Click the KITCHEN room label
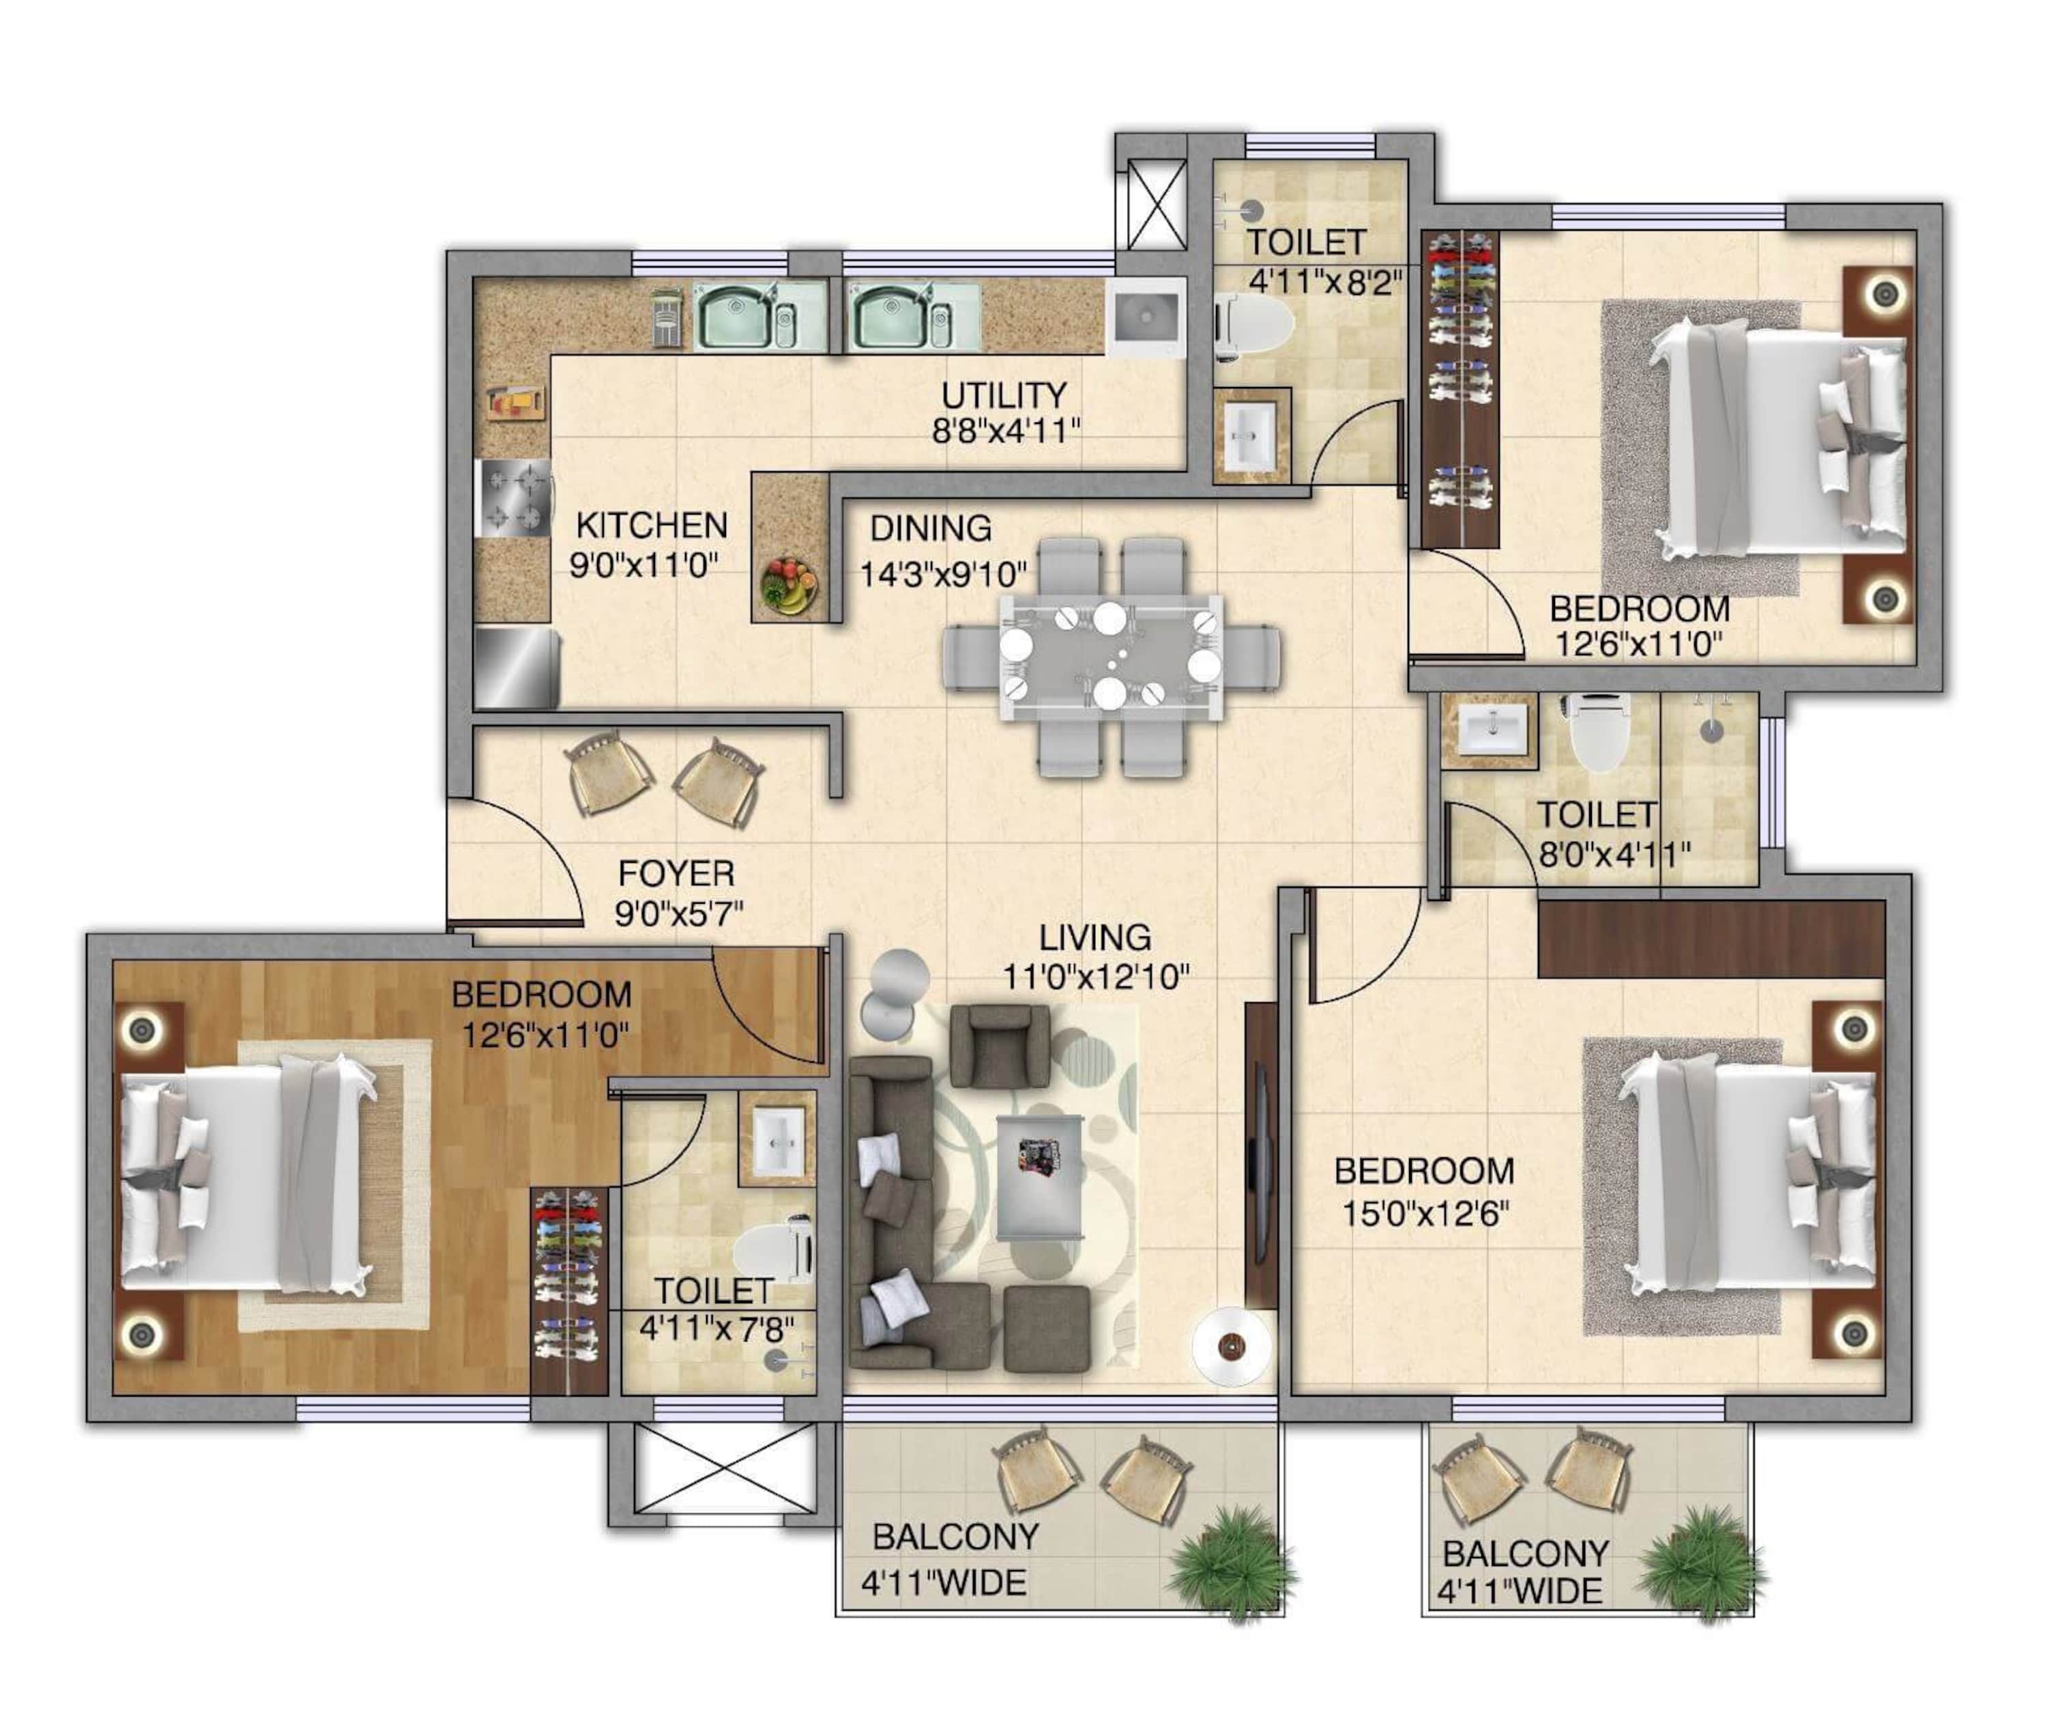point(651,526)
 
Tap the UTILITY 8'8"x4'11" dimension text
point(1006,431)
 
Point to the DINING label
point(930,528)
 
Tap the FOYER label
point(676,872)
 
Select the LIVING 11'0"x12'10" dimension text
point(1096,976)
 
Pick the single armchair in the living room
point(999,1046)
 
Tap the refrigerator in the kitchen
point(517,668)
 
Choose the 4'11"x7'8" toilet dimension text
point(716,1328)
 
